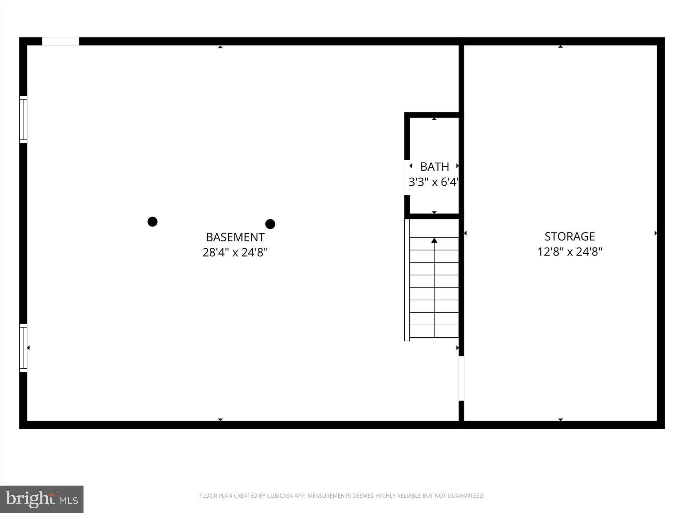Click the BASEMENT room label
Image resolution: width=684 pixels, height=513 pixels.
(x=235, y=237)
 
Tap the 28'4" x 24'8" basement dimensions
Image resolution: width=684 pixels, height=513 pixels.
(x=235, y=252)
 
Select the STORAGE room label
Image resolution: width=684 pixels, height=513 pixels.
(x=570, y=236)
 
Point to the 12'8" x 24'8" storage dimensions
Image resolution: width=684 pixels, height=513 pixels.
(x=570, y=251)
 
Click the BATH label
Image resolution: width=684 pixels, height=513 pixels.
(x=435, y=166)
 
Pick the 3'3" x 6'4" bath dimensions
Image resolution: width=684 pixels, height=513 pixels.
(x=434, y=182)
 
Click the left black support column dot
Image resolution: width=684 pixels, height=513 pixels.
(x=152, y=221)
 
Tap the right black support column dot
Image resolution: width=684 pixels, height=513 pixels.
(x=270, y=224)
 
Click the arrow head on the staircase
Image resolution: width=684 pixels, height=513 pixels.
(x=434, y=240)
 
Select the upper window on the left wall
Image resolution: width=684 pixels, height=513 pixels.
(x=23, y=120)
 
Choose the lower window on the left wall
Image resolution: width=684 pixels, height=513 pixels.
(x=23, y=348)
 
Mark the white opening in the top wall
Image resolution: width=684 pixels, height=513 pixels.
(x=60, y=41)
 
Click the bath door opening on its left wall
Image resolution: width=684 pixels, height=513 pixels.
(x=407, y=177)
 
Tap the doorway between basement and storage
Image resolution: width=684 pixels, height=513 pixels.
(x=461, y=378)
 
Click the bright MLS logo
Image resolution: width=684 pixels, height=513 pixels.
(x=42, y=499)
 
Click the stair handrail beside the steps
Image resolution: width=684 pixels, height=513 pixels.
(x=407, y=280)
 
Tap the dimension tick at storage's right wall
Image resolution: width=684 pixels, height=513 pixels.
(x=656, y=233)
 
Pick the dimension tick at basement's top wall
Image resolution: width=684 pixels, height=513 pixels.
(x=220, y=47)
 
